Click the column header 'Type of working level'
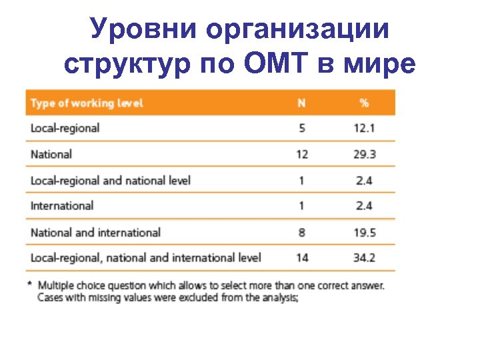87,103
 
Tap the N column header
301,103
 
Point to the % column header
364,103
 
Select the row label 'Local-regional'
65,128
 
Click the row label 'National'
51,154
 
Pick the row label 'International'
62,206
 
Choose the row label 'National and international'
95,232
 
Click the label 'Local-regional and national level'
111,180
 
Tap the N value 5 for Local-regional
302,128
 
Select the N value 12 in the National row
301,154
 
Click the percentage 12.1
364,128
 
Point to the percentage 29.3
364,154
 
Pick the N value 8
302,232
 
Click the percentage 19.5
364,232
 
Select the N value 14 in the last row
301,257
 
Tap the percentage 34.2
364,257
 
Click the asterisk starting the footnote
29,284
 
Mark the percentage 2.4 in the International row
364,206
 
